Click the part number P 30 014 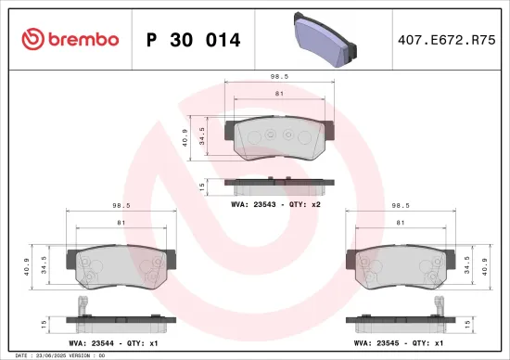[x=194, y=39]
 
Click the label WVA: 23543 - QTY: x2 [x=276, y=201]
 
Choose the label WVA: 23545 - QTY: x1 [x=401, y=343]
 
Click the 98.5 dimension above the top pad [x=275, y=79]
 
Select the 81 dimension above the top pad [x=277, y=94]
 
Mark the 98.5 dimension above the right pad [x=401, y=207]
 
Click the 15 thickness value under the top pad [x=202, y=186]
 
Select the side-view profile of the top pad [x=276, y=183]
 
